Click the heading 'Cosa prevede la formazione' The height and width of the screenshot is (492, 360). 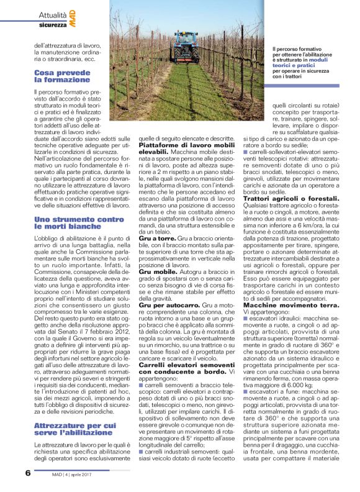(x=63, y=76)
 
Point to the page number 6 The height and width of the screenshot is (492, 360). (x=28, y=473)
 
